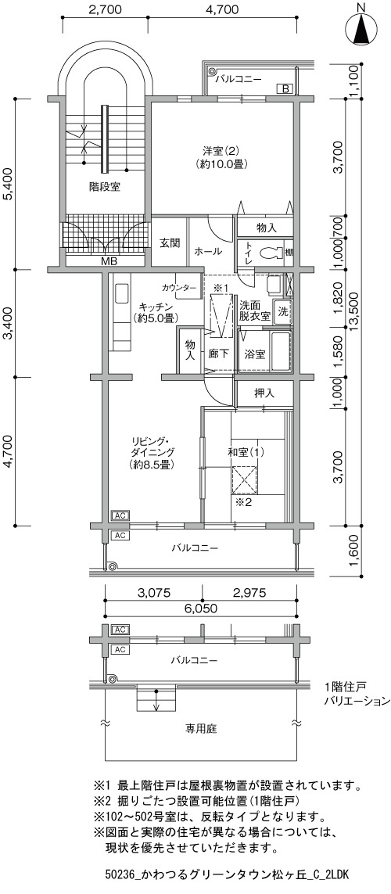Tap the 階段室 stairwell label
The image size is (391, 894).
(104, 186)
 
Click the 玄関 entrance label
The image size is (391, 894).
(169, 242)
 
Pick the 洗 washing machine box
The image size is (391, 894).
(282, 311)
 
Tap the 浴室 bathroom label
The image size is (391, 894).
(253, 354)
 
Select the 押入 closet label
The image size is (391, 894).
(264, 393)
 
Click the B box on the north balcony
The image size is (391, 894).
(285, 88)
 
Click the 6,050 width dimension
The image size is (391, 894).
(200, 608)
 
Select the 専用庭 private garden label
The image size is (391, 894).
(201, 728)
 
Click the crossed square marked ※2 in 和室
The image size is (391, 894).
(246, 479)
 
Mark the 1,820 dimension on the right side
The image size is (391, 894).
(338, 298)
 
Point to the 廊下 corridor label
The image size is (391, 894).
(219, 354)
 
